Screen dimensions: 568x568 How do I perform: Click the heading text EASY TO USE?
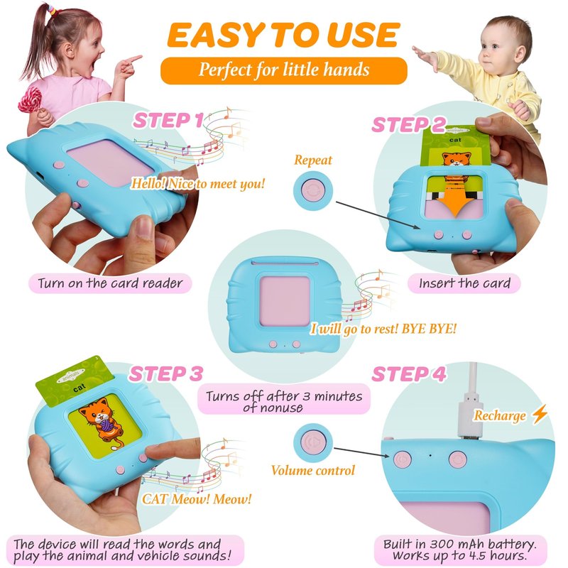coord(283,35)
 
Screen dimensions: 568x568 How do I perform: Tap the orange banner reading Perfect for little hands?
coord(283,70)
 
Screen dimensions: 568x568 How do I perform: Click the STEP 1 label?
coord(168,121)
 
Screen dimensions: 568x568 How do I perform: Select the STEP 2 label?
coord(408,125)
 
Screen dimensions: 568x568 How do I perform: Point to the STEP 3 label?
coord(166,374)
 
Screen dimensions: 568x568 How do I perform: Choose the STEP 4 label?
coord(409,374)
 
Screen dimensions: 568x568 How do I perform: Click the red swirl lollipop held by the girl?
coord(31,99)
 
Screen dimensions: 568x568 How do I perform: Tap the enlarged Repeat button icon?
coord(313,190)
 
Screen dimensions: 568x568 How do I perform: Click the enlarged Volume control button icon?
coord(313,442)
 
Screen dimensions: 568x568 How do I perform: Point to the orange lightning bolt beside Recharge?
coord(540,414)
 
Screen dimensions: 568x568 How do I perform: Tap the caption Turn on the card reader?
coord(110,283)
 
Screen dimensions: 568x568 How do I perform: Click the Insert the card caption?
coord(464,283)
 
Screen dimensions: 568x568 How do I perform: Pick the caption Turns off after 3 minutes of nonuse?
coord(284,401)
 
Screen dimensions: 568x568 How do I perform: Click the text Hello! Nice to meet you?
coord(198,184)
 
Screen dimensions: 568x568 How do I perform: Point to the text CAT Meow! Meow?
coord(197,499)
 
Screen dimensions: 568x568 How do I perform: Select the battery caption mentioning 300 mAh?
coord(460,550)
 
